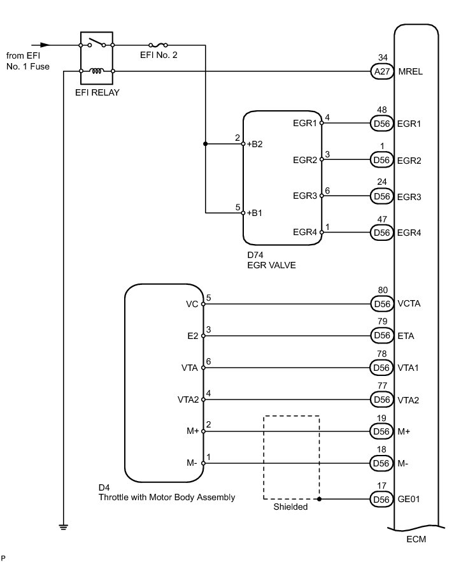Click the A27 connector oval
(x=381, y=71)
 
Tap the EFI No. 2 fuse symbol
(x=159, y=45)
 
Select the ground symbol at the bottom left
(x=64, y=527)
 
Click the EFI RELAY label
(x=97, y=92)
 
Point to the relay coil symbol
(x=97, y=71)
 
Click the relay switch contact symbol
(x=97, y=43)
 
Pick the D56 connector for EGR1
(x=381, y=124)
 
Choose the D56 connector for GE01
(x=381, y=500)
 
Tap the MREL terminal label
(x=410, y=71)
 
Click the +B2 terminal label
(x=255, y=144)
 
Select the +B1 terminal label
(x=255, y=213)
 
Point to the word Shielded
(x=290, y=507)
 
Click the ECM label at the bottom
(x=416, y=539)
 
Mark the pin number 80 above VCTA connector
(x=383, y=290)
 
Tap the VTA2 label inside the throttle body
(x=188, y=400)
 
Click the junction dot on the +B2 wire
(x=205, y=144)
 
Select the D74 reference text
(x=255, y=255)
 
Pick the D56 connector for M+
(x=381, y=431)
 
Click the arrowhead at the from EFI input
(x=45, y=45)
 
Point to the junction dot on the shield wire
(x=319, y=499)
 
